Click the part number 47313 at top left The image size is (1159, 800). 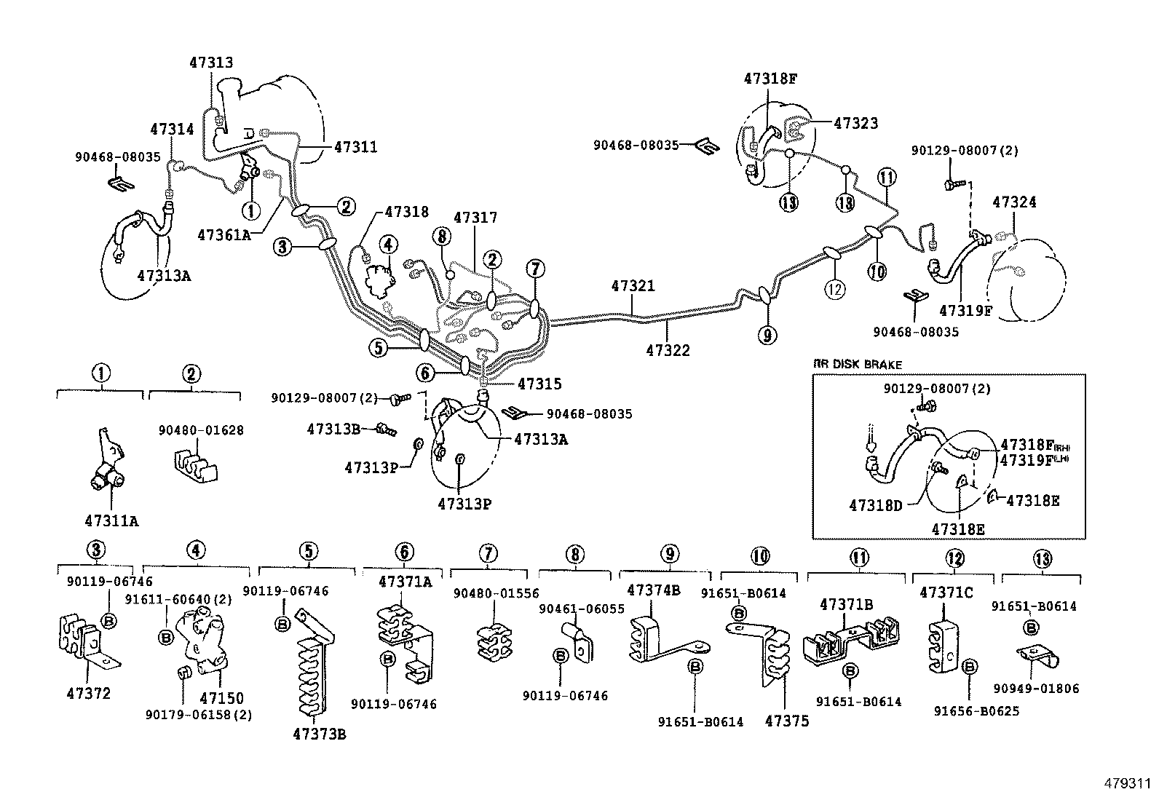[x=211, y=63]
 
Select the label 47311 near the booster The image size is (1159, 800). [x=356, y=147]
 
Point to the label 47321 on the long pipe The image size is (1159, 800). [x=633, y=287]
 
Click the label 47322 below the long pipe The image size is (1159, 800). [x=668, y=351]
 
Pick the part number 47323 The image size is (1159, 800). [x=855, y=124]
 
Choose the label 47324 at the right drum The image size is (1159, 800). [x=1014, y=202]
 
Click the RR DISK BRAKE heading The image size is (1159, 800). [x=857, y=365]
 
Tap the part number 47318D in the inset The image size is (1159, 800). [x=876, y=504]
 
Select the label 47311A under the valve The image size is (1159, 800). [x=111, y=520]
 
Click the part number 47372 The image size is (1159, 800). [x=87, y=694]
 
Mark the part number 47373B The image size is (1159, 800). [x=320, y=734]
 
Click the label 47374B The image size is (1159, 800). [x=653, y=590]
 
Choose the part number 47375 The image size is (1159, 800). [x=787, y=721]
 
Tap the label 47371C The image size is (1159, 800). [x=946, y=593]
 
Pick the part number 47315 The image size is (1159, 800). [x=539, y=384]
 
